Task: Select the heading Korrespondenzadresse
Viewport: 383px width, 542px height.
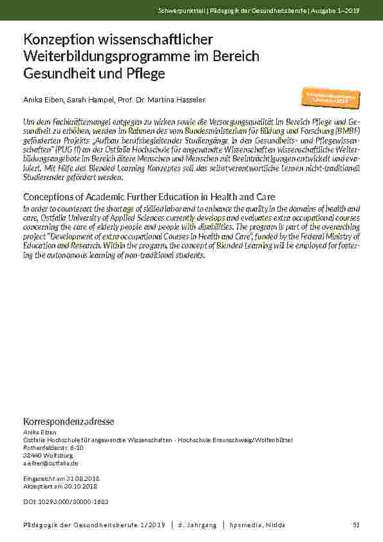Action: point(68,422)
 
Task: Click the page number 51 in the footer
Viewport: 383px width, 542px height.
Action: point(356,525)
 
